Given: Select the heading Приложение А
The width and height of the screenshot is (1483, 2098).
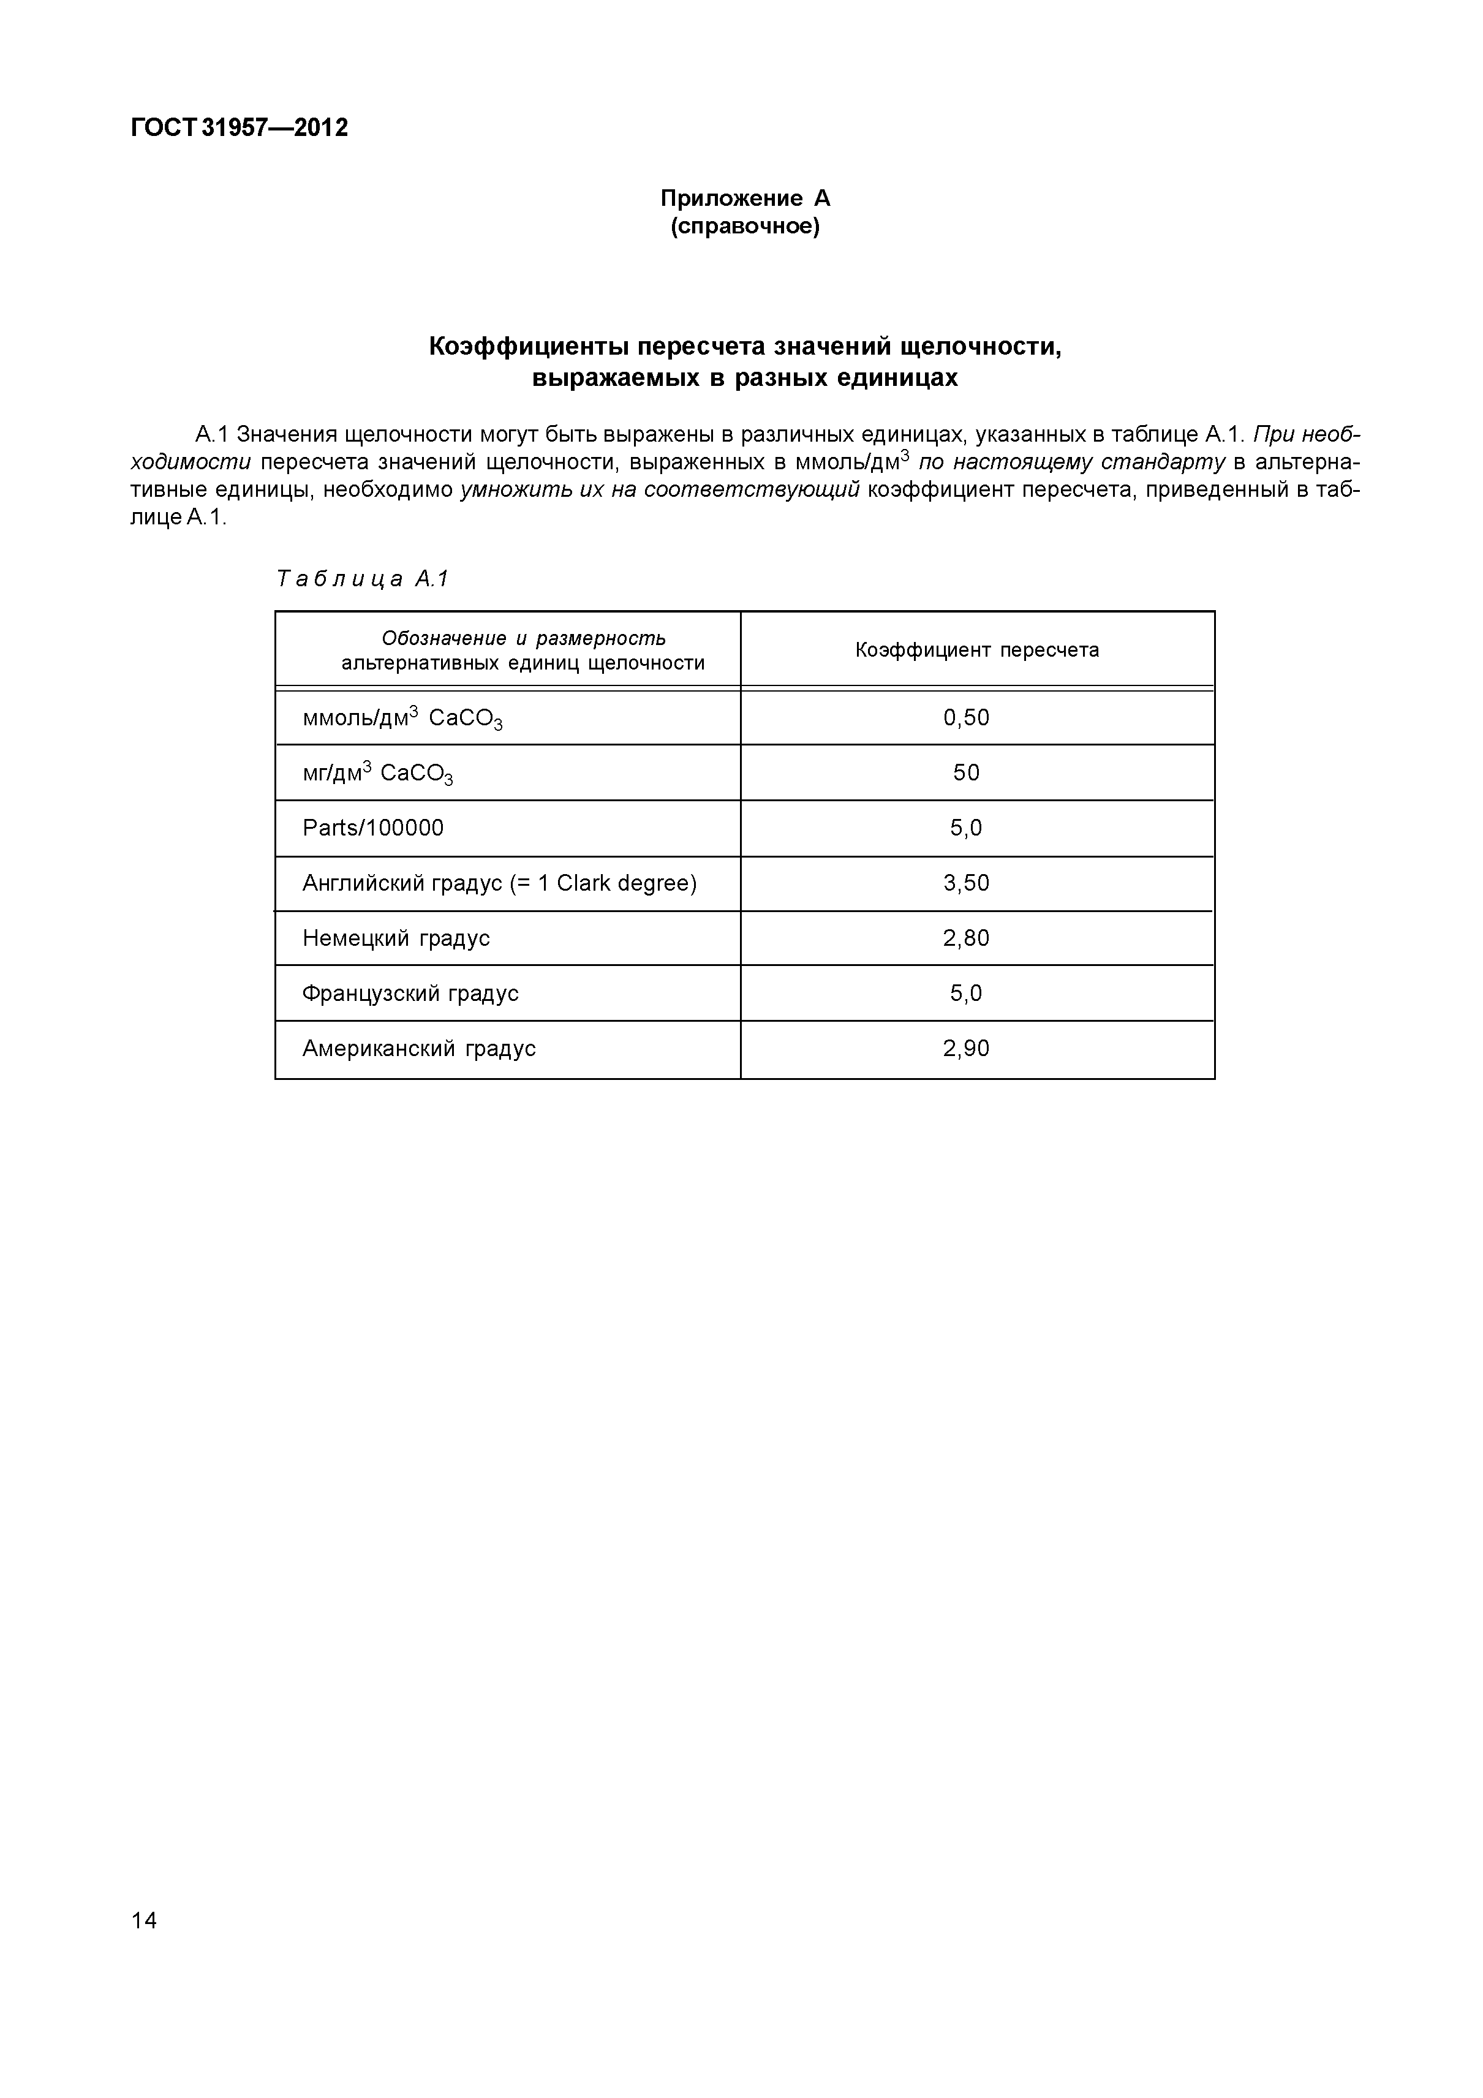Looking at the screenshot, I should (x=745, y=198).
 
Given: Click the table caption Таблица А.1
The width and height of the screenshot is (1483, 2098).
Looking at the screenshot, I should (x=363, y=579).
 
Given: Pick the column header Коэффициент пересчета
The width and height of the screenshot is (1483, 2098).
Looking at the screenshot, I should (x=977, y=650).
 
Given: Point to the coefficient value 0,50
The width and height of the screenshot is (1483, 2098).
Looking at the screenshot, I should (x=966, y=717).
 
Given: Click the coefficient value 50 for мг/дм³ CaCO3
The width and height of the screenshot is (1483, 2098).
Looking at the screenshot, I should (x=966, y=773).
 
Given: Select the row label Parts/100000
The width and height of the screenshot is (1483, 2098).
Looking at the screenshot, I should (x=373, y=828).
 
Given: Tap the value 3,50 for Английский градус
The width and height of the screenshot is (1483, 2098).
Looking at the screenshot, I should (x=966, y=883).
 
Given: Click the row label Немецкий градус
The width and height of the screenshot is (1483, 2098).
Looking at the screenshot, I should (x=396, y=938).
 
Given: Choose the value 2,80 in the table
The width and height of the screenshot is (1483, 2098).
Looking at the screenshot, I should (x=966, y=938).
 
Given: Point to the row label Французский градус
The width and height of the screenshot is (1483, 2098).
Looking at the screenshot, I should (x=410, y=994).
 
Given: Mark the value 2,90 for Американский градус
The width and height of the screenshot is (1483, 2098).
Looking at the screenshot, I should (x=966, y=1048).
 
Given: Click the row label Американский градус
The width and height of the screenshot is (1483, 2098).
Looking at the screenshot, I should (x=418, y=1048).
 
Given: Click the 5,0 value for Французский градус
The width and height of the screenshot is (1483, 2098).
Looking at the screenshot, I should (x=966, y=994).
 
